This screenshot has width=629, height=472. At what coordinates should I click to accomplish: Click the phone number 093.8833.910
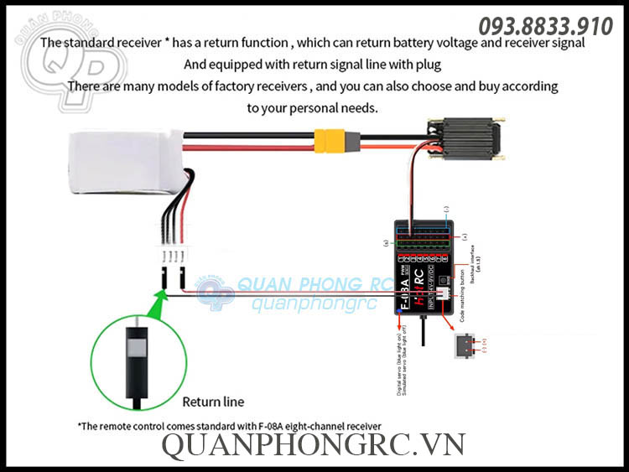click(x=545, y=26)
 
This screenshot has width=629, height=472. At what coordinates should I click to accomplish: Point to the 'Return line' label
click(x=213, y=402)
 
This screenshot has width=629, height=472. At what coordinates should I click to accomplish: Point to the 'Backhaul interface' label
click(x=475, y=261)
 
